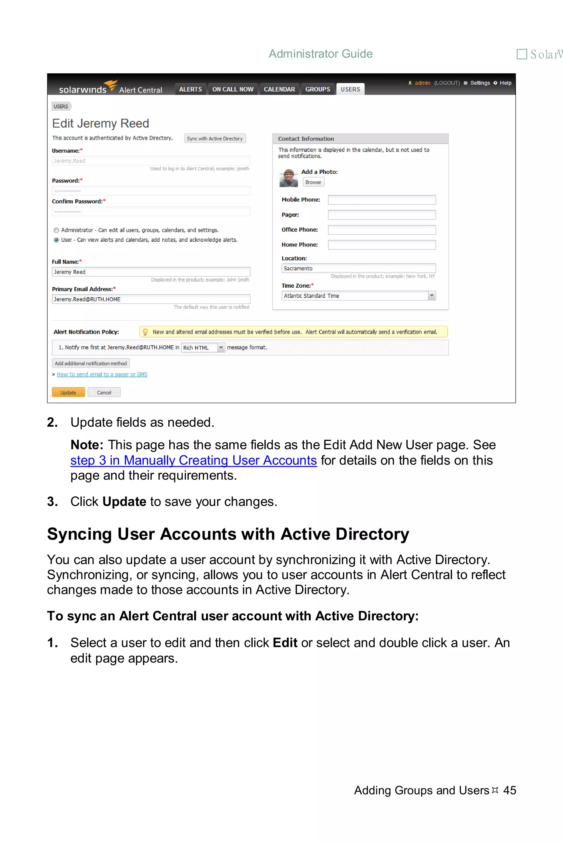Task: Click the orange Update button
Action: [x=68, y=392]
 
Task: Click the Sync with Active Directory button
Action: [x=215, y=138]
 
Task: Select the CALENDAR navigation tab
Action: [x=279, y=89]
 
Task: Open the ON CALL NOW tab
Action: [x=233, y=89]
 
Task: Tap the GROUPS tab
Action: [x=318, y=89]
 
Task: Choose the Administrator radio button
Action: [x=56, y=231]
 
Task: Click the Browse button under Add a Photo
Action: [x=313, y=182]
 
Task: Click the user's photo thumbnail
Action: [x=288, y=178]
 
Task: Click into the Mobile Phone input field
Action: [x=382, y=200]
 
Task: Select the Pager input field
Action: [x=382, y=215]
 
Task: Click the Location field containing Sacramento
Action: [x=358, y=268]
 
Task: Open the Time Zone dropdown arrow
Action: [x=432, y=296]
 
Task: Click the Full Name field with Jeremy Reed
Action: [x=151, y=272]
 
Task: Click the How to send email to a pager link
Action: [x=102, y=374]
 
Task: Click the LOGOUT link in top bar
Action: [x=447, y=83]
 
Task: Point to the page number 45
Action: [x=509, y=790]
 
